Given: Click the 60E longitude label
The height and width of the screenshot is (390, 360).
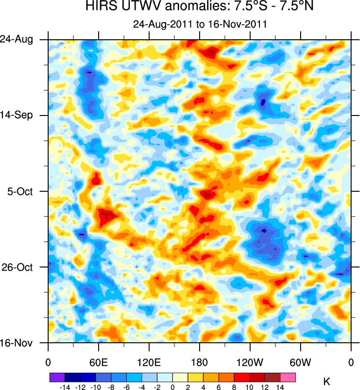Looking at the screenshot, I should pos(98,362).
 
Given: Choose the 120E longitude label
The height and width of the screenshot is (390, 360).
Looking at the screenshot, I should pos(149,362).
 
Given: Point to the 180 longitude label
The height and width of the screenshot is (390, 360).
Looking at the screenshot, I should pos(200,362).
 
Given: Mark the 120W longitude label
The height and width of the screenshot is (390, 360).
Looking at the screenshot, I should pos(250,362).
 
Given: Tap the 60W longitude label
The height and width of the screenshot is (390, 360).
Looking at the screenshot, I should pos(300,362).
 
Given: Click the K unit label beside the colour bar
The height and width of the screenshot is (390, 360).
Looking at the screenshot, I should pos(327,383).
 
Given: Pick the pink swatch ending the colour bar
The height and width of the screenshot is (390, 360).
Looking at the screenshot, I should pos(288,377).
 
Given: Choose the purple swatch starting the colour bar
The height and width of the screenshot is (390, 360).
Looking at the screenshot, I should pos(57,377).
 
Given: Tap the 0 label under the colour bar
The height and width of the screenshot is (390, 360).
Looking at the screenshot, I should pos(173,387).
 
